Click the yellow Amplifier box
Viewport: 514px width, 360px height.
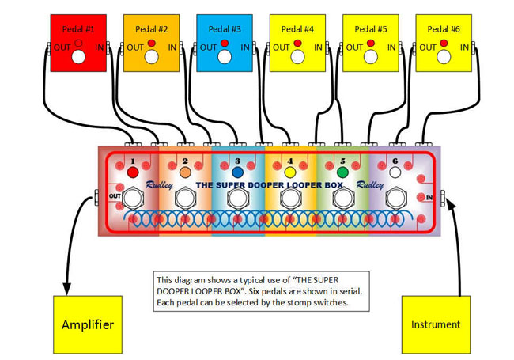[x=87, y=324]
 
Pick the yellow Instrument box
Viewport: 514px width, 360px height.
[x=435, y=324]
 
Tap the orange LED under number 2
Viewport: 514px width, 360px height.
[x=185, y=172]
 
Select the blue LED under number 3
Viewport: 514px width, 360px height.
[x=237, y=172]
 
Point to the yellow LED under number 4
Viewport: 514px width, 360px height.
[x=290, y=172]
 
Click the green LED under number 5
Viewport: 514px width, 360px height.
[x=342, y=172]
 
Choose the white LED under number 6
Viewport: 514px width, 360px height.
[x=395, y=172]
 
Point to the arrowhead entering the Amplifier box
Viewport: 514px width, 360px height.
[x=66, y=290]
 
